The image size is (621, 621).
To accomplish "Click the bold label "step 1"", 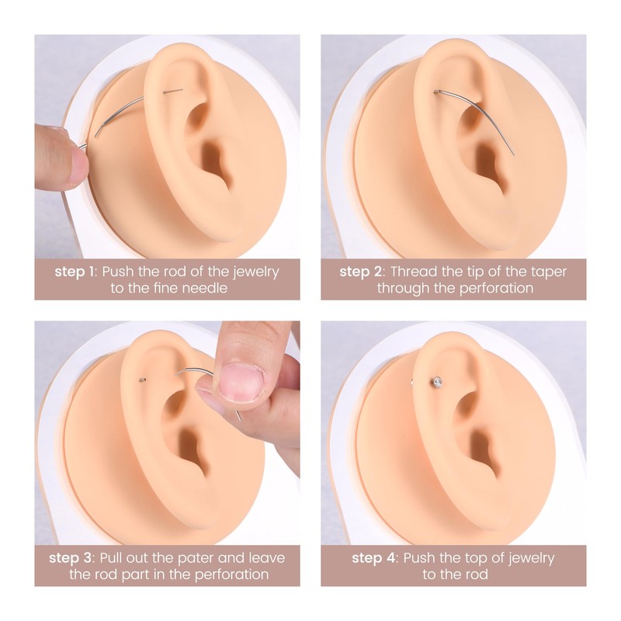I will coord(76,272).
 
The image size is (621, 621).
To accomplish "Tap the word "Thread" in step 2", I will coord(415,272).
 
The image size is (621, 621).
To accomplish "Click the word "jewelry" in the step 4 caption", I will coord(528,558).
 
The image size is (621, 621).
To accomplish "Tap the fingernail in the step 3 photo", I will coord(241,382).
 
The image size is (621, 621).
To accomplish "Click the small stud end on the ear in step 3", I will coord(142,379).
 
